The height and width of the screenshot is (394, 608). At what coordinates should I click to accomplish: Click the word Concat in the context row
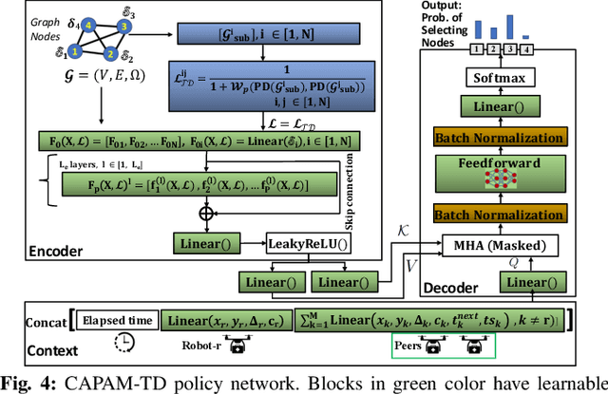pos(47,321)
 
